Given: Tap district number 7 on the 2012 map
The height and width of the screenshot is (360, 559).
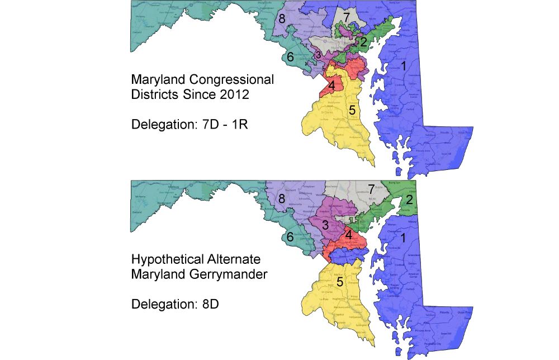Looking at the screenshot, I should pyautogui.click(x=347, y=17).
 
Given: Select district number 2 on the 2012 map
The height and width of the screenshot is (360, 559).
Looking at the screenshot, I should pyautogui.click(x=363, y=42).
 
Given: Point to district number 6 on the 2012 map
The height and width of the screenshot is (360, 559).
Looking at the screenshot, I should pyautogui.click(x=290, y=56).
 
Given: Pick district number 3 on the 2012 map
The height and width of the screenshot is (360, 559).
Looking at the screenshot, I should pyautogui.click(x=318, y=55).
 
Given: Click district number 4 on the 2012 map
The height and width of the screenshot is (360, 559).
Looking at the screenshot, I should pyautogui.click(x=331, y=86).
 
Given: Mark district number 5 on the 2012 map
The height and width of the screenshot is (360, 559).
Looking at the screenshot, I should pyautogui.click(x=352, y=110).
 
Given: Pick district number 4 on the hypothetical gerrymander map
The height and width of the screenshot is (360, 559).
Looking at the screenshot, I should pyautogui.click(x=348, y=235).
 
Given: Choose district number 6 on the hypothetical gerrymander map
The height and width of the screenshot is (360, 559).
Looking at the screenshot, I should pyautogui.click(x=290, y=237).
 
